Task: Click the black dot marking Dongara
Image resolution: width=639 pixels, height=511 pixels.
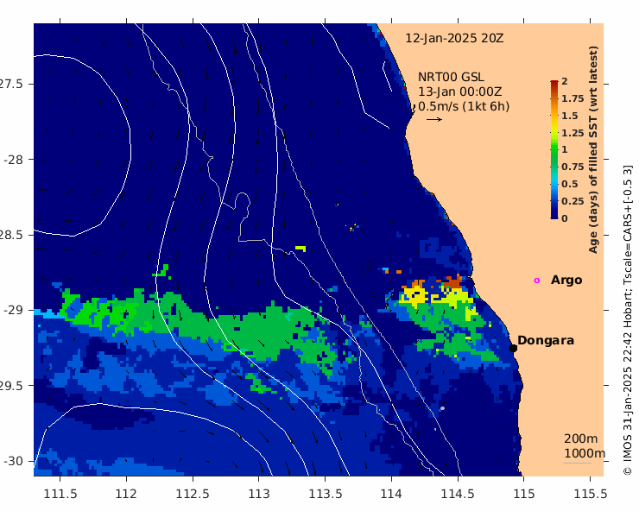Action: coord(513,348)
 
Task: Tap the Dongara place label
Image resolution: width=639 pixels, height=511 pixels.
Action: coord(546,340)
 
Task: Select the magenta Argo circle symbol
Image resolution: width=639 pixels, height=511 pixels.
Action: coord(537,281)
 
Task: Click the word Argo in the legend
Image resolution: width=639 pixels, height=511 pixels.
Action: coord(566,281)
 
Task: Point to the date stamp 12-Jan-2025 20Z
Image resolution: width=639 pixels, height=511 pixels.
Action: coord(454,38)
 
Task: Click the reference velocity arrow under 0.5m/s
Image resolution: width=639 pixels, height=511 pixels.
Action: coord(434,119)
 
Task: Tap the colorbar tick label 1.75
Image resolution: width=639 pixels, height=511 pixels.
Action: coord(573,98)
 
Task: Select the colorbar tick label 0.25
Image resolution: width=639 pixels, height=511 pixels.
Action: coord(573,201)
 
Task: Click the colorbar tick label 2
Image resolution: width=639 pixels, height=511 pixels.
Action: coord(565,81)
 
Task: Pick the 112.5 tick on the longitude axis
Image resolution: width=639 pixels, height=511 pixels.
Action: coord(193,494)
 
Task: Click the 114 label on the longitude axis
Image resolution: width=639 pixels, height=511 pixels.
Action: coord(392,494)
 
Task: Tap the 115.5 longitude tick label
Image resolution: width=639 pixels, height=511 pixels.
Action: coord(591,494)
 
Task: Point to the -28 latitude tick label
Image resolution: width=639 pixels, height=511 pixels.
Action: coord(13,160)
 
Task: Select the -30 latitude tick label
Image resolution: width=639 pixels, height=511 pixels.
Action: coord(13,461)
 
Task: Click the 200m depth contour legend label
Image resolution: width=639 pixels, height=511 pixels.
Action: coord(581,438)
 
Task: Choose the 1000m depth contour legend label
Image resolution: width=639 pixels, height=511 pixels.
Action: coord(585,453)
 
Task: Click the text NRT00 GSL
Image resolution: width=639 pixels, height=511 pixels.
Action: coord(451,77)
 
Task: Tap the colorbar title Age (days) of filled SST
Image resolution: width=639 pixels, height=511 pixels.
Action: coord(593,171)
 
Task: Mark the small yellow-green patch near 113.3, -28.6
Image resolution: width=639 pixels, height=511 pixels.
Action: coord(301,248)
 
